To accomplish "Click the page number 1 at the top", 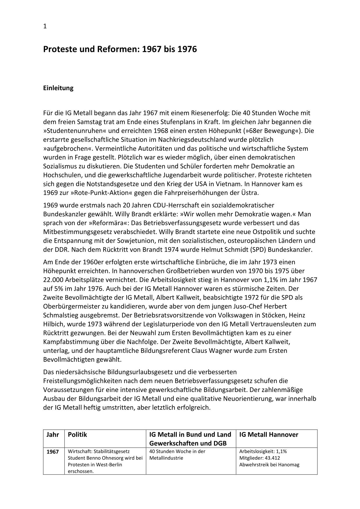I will coord(45,26).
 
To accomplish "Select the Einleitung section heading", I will coord(58,88).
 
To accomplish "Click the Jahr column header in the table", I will coord(53,435).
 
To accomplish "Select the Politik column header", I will coord(77,435).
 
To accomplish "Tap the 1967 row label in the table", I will coord(53,452).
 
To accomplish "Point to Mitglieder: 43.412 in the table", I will coord(260,458).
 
